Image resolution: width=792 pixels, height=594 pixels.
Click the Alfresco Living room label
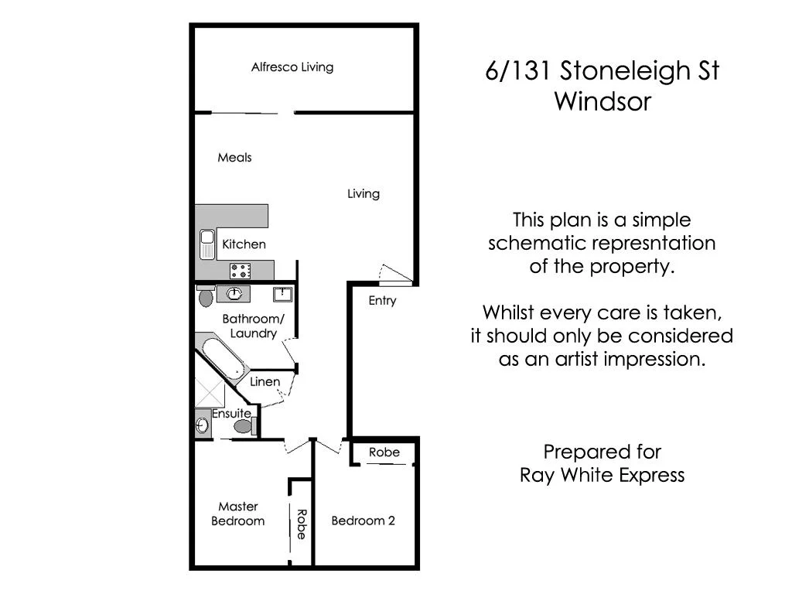point(292,67)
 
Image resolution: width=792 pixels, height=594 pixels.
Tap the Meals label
point(234,158)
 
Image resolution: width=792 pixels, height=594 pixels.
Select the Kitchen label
point(244,244)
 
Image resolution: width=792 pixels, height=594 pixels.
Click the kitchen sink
point(207,244)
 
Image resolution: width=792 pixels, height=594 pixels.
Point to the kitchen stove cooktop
point(240,271)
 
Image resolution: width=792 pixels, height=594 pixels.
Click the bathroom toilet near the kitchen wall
point(205,297)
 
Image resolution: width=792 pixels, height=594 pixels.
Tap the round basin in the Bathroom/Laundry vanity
point(234,294)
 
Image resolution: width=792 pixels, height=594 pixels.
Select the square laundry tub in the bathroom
point(282,294)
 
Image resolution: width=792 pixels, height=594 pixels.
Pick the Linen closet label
point(265,382)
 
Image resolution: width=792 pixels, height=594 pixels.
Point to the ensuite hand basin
point(202,425)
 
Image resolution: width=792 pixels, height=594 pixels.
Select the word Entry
point(382,301)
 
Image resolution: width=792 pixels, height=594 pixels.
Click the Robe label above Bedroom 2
point(384,452)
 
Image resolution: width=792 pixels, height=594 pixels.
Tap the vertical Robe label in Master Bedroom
point(301,524)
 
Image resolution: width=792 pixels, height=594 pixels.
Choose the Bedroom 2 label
point(363,521)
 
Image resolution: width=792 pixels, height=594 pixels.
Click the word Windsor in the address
point(603,102)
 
